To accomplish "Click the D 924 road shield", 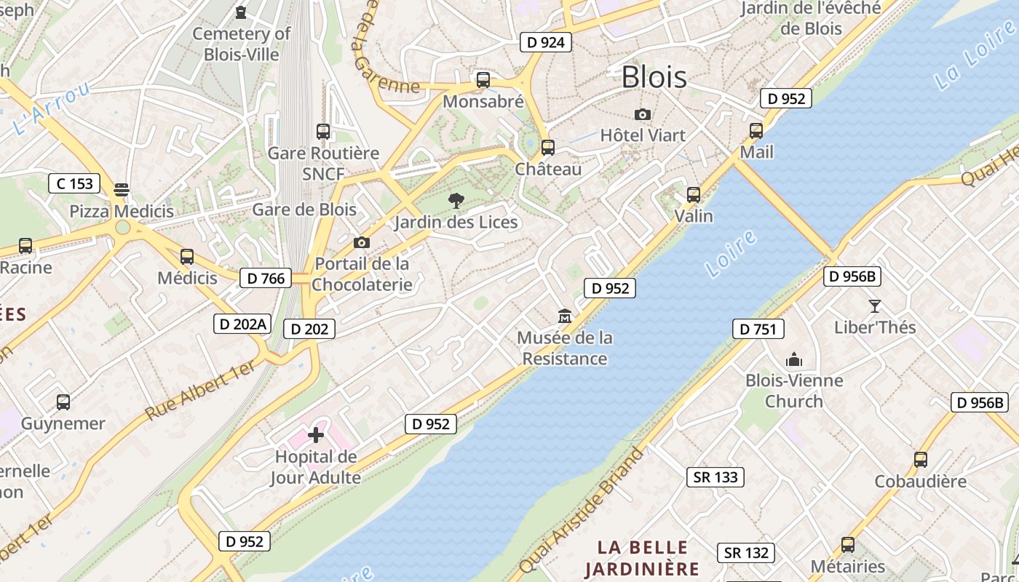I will point(546,42).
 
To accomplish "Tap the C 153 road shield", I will point(74,183).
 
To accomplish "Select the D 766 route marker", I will point(266,278).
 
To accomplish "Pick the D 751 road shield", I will point(758,330).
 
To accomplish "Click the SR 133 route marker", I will point(715,477).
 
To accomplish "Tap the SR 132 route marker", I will point(746,553).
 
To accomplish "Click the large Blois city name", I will point(654,77).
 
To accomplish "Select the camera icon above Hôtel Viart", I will point(642,114).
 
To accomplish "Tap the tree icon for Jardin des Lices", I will point(456,200).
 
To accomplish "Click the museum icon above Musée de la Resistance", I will point(565,316).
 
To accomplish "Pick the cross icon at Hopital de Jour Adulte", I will point(316,435).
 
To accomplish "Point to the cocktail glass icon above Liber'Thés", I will point(875,306).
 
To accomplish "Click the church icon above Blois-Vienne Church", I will point(793,359).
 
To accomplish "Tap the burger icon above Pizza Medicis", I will point(122,190).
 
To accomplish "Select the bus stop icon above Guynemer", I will point(63,402).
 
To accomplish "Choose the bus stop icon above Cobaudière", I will point(921,460).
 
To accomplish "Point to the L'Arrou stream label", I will point(51,109).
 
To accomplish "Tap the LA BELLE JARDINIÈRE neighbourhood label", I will point(642,558).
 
